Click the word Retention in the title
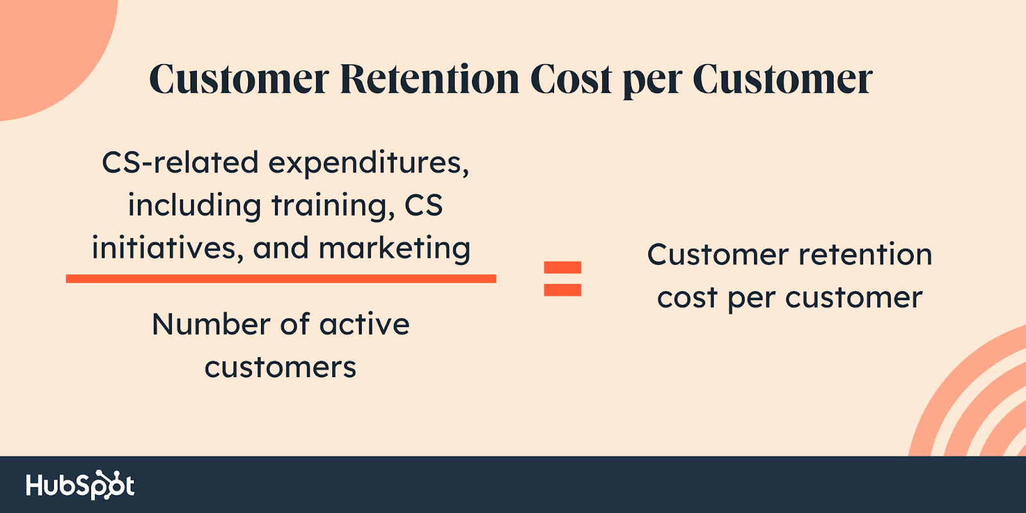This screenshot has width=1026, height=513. click(x=430, y=79)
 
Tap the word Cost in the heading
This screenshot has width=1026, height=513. click(x=571, y=79)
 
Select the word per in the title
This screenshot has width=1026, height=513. click(x=653, y=83)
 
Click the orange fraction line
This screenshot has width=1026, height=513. click(x=281, y=278)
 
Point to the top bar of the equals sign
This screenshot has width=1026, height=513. click(x=562, y=267)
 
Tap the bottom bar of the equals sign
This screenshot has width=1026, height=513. click(x=562, y=290)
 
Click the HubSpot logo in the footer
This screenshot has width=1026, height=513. click(x=80, y=485)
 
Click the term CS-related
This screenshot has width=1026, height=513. click(x=180, y=163)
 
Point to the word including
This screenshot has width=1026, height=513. click(x=194, y=206)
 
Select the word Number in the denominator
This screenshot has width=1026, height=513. click(x=211, y=324)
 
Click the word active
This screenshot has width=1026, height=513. click(x=364, y=324)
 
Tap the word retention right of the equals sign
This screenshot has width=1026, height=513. click(x=865, y=255)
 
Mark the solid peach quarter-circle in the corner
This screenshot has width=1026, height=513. click(x=51, y=51)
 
